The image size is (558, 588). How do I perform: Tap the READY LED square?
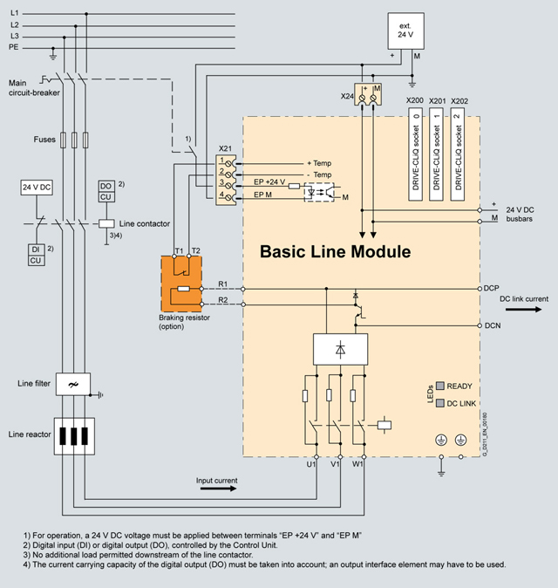pos(441,384)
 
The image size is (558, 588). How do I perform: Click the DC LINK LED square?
pos(441,404)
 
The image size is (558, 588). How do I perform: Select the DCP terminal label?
pos(491,287)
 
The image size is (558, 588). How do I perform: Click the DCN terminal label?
pos(491,325)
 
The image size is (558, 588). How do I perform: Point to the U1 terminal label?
pos(311,464)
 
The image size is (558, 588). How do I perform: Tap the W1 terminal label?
pos(358,464)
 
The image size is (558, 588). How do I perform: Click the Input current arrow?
pos(216,490)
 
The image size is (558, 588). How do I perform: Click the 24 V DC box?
pos(36,187)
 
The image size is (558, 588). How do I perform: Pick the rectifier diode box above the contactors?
pos(337,350)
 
